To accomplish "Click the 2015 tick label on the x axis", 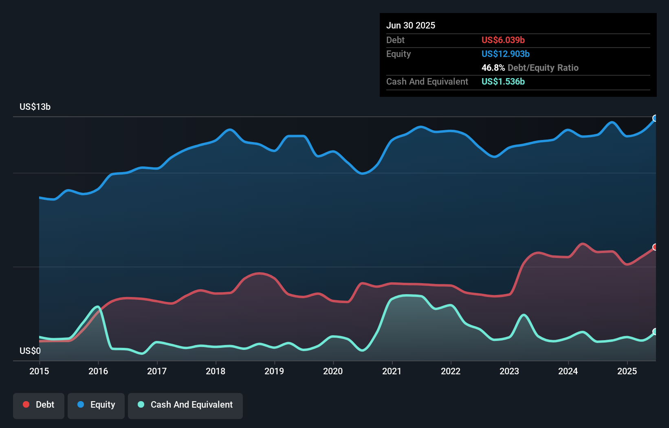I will [x=39, y=371].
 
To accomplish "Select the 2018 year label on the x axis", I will [x=216, y=371].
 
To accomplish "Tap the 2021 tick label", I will [x=392, y=371].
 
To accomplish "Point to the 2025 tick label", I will [x=627, y=371].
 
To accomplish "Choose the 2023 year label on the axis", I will [x=509, y=371].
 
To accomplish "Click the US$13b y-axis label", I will [x=35, y=107].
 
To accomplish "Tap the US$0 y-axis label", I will [x=30, y=351].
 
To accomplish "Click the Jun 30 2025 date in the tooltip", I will [x=411, y=25].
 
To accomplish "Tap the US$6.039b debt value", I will [x=503, y=40].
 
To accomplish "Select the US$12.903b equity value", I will [x=505, y=54].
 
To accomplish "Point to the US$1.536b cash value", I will [x=503, y=81].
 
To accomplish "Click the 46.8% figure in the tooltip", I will [x=493, y=68].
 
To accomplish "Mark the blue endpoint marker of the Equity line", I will [x=655, y=118].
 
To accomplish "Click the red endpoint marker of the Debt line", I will [x=655, y=247].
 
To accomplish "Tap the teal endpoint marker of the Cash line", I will [x=655, y=332].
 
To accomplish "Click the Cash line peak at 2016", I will [x=97, y=306].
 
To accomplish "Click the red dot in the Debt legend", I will [x=26, y=404].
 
